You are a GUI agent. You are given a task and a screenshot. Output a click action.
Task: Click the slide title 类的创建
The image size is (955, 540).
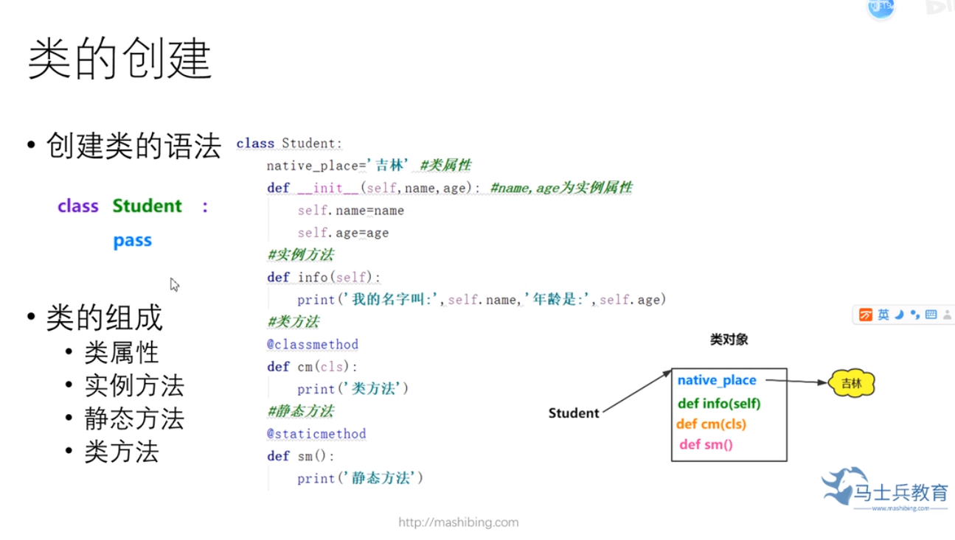pos(119,60)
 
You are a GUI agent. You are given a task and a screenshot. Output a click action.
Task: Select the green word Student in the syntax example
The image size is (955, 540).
pos(147,206)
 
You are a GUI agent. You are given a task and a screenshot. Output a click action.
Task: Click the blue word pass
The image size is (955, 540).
pos(132,241)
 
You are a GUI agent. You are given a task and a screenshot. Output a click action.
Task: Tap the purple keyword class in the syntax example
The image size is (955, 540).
pos(77,206)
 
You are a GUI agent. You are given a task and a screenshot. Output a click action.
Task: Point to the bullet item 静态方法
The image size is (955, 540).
pos(133,418)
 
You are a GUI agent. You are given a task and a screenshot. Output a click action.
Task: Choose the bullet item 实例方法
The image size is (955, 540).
pos(133,385)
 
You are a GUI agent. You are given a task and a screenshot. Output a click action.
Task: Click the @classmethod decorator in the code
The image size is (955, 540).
pos(313,344)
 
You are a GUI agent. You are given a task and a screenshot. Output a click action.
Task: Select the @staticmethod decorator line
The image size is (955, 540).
pos(316,433)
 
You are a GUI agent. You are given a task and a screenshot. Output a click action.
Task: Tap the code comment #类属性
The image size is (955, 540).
pos(445,166)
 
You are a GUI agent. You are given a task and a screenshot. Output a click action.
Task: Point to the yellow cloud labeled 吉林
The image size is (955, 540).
pos(851,383)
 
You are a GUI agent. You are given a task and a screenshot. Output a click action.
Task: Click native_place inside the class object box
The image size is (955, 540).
pos(717,380)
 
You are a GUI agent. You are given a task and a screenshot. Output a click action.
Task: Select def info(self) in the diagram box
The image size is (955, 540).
pos(719,403)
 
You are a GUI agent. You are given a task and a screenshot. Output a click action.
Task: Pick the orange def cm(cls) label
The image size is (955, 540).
pos(711,424)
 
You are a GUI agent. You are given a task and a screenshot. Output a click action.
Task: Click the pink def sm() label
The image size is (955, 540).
pos(706,444)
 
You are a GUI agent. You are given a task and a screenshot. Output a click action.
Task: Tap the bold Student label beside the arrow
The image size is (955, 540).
pos(574,413)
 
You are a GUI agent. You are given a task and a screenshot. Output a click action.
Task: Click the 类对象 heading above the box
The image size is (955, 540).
pos(729,340)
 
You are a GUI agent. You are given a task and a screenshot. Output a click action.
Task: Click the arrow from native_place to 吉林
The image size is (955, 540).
pos(796,382)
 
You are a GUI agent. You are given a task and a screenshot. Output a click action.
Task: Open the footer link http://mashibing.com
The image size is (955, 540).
pos(458,522)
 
